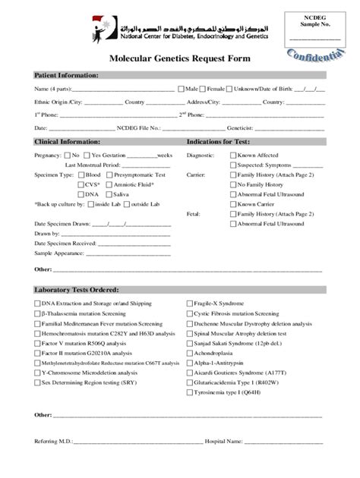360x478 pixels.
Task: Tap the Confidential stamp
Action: pyautogui.click(x=314, y=63)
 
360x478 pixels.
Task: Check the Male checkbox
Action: pyautogui.click(x=181, y=90)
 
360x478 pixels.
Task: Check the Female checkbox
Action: pyautogui.click(x=204, y=90)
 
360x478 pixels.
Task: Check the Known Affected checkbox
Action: pyautogui.click(x=233, y=155)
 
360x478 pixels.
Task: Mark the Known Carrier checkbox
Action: pyautogui.click(x=233, y=204)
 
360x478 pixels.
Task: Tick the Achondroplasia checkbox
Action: pyautogui.click(x=190, y=353)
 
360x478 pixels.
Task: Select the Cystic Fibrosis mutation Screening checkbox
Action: pyautogui.click(x=190, y=313)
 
